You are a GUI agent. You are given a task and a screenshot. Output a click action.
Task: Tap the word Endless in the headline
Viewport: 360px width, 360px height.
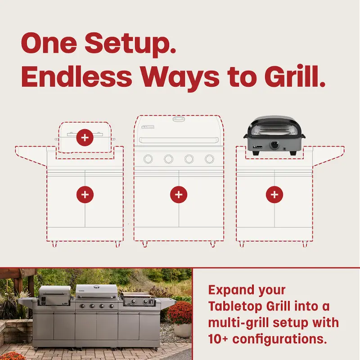pyautogui.click(x=76, y=76)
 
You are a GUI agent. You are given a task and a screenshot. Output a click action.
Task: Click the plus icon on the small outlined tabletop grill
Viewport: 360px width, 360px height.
pyautogui.click(x=85, y=138)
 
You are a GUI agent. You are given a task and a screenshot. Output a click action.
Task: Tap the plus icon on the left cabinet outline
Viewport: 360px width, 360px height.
pyautogui.click(x=85, y=195)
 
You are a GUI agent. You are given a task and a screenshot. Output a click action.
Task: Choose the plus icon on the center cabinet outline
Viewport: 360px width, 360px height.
pyautogui.click(x=179, y=195)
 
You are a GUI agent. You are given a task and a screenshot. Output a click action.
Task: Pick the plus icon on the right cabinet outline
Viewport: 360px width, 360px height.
pyautogui.click(x=274, y=195)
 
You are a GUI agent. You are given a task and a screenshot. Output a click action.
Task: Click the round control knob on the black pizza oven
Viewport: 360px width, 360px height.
pyautogui.click(x=274, y=144)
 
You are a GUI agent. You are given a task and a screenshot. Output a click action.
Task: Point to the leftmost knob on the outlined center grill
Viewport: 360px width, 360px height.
pyautogui.click(x=148, y=159)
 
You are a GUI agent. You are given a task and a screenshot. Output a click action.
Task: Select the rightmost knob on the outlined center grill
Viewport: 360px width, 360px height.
pyautogui.click(x=209, y=159)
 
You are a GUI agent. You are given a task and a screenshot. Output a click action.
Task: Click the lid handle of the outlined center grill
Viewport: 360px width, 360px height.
pyautogui.click(x=179, y=140)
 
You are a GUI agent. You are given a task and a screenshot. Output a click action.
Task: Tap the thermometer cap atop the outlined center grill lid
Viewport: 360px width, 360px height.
pyautogui.click(x=179, y=119)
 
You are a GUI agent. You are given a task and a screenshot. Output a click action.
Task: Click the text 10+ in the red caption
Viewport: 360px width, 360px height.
pyautogui.click(x=218, y=339)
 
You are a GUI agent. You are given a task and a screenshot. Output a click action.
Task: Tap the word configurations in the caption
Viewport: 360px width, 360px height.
pyautogui.click(x=279, y=339)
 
